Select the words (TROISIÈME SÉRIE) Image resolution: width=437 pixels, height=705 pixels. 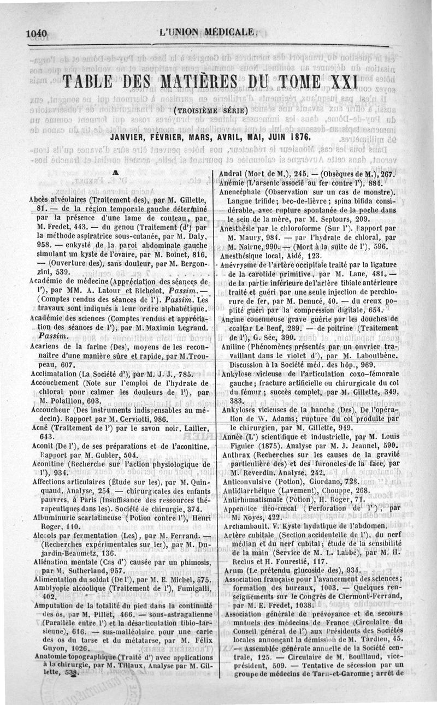[210, 112]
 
